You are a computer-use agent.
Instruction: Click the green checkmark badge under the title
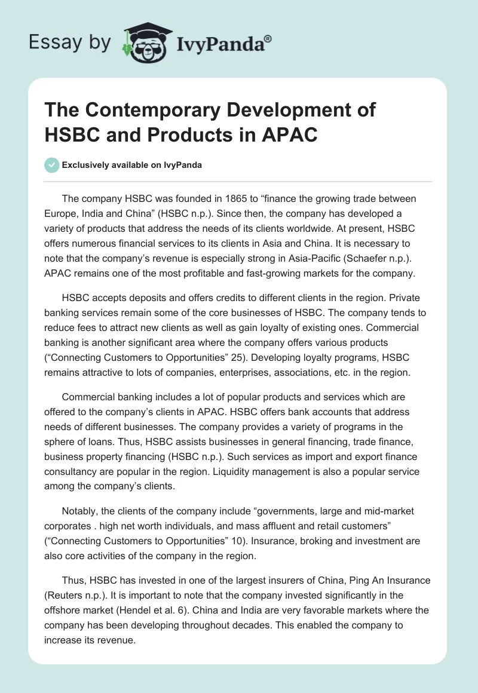(51, 165)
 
